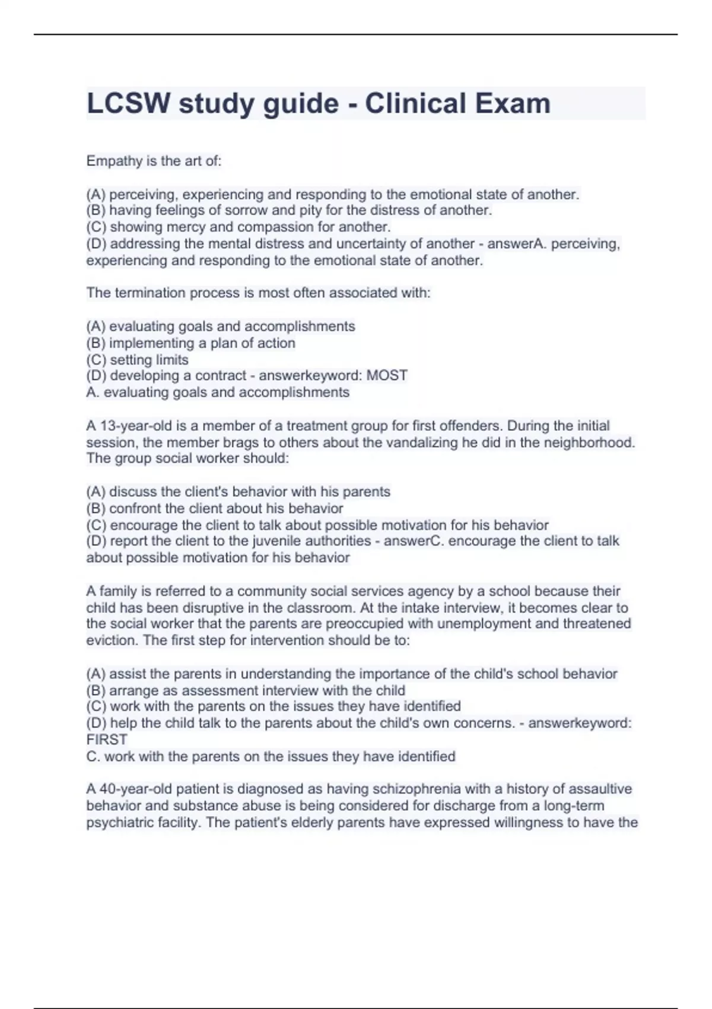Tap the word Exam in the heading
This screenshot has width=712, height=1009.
click(516, 104)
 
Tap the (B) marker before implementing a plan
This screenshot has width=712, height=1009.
click(96, 343)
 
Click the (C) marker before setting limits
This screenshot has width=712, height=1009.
click(96, 360)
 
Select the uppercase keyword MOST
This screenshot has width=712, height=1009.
click(387, 376)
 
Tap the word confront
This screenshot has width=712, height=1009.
click(135, 509)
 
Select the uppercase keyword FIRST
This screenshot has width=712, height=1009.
click(107, 740)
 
